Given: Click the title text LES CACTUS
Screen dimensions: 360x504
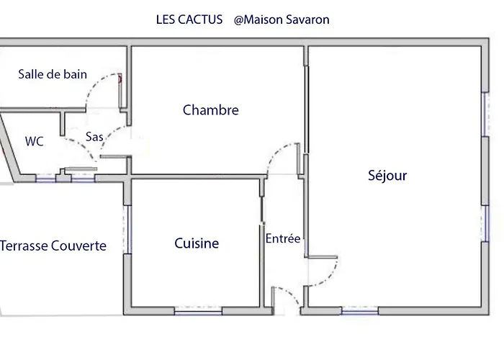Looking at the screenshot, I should (x=189, y=19).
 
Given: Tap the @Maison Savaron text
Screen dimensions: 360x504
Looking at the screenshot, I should (x=282, y=19).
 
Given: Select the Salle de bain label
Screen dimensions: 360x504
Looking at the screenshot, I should (x=53, y=74).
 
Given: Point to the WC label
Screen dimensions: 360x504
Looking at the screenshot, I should (x=34, y=142).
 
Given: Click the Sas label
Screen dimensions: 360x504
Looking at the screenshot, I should (x=94, y=136).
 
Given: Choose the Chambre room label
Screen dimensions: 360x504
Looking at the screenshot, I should (x=210, y=110).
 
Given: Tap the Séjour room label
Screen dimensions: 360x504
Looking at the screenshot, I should (x=387, y=175).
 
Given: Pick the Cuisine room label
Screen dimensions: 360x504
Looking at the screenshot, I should (x=197, y=243).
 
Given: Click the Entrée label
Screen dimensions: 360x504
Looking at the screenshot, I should (x=283, y=238).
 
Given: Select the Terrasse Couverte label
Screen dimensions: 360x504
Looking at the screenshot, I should (x=53, y=246).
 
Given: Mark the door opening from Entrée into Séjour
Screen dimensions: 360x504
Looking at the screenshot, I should (x=322, y=270).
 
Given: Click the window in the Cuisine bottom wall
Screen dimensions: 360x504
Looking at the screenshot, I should (x=198, y=311).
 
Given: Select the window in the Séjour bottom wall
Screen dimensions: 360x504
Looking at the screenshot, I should (x=360, y=311).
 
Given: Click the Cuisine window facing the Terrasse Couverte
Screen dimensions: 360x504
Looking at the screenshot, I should (x=128, y=229).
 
